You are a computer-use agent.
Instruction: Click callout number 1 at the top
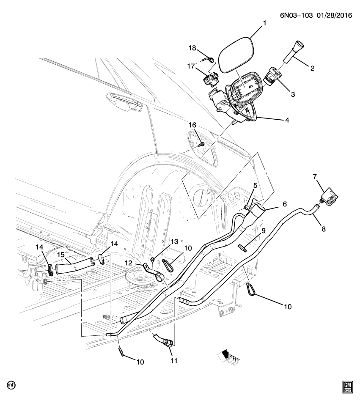pos(264,24)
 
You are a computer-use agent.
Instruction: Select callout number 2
pos(313,67)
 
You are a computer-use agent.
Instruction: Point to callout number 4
pos(287,120)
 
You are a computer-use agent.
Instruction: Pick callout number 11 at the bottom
pos(174,361)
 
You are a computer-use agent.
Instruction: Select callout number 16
pos(193,125)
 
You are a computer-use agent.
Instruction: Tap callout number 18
pos(192,48)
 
